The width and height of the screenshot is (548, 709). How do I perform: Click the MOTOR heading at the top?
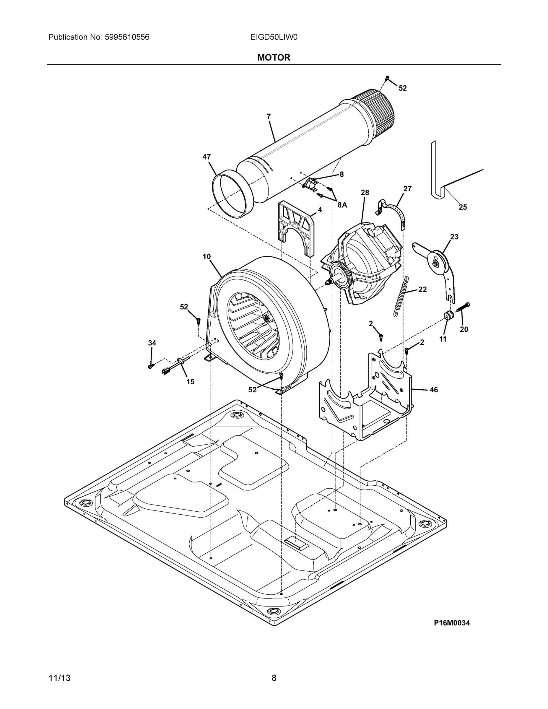point(274,58)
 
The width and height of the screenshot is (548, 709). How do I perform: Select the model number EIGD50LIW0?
point(274,37)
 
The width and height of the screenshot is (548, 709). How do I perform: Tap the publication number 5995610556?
point(127,37)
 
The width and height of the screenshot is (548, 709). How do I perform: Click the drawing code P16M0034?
point(452,623)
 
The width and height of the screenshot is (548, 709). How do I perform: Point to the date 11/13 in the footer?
point(59,678)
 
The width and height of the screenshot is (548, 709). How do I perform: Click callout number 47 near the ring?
point(206,157)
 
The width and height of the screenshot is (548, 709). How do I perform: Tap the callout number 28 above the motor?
point(365,193)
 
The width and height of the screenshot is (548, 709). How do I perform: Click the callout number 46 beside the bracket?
point(434,390)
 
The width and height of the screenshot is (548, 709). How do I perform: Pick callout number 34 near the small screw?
point(152,343)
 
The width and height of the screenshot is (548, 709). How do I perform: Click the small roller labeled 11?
point(449,315)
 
